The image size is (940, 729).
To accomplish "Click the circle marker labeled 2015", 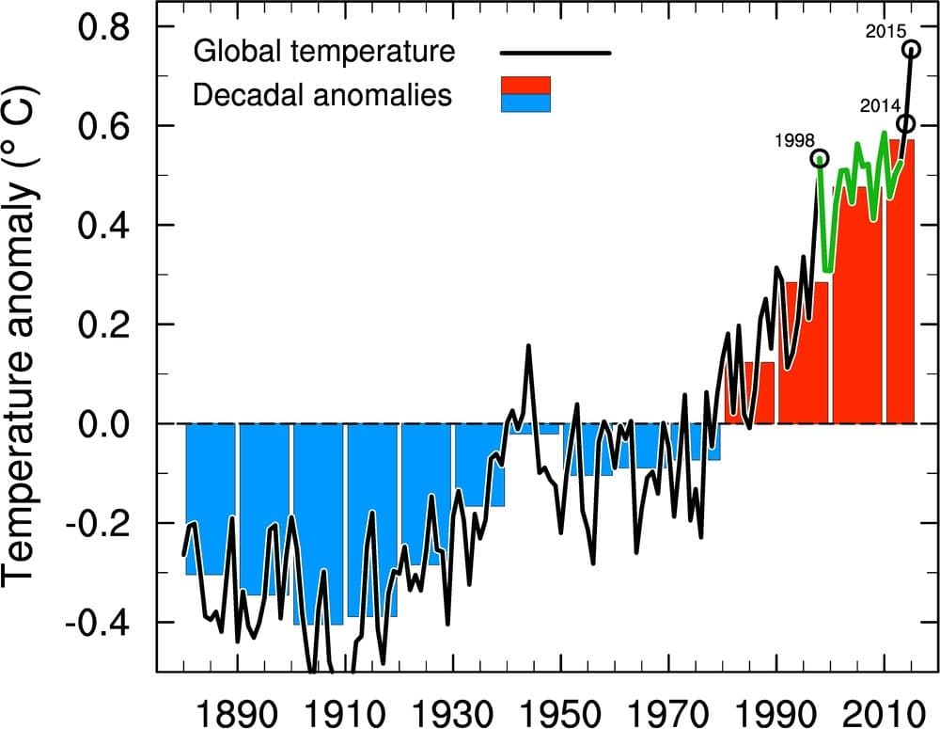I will pos(911,49).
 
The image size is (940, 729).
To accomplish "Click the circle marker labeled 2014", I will pos(905,123).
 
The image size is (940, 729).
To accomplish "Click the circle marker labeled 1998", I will pos(820,158).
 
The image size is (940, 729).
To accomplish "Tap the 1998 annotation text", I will pos(794,141).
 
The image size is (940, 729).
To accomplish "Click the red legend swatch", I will pos(525,86).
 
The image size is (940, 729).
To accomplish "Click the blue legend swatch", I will pos(525,103).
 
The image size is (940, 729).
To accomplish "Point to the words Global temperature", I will pos(323,51).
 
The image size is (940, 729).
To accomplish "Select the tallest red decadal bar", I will pos(900,282).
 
